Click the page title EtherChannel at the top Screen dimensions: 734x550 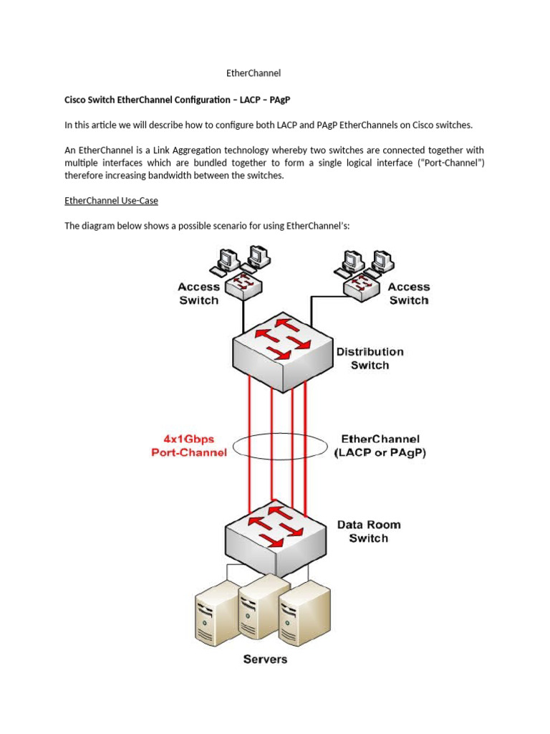[x=253, y=73]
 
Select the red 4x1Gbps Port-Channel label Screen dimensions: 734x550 [x=189, y=445]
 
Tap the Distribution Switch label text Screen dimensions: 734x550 [x=370, y=358]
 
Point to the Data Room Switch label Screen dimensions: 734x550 [x=369, y=531]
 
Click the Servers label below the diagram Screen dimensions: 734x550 [x=265, y=659]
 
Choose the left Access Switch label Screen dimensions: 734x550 [x=198, y=293]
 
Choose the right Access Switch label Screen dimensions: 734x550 [x=409, y=293]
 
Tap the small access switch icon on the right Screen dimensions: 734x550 [x=361, y=285]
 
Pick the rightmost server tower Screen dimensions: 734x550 [x=305, y=612]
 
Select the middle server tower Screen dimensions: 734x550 [x=260, y=607]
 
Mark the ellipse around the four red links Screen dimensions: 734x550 [x=236, y=445]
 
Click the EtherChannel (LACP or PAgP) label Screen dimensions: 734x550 [x=380, y=446]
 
